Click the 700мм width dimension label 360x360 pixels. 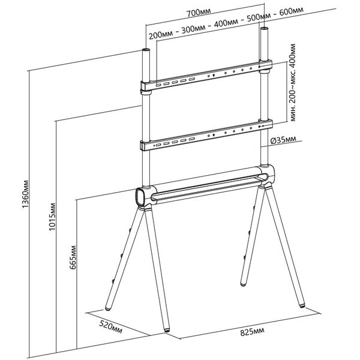198,13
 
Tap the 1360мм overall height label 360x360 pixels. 25,194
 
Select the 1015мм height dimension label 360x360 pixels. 52,217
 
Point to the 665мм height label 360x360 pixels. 73,257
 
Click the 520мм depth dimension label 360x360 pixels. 111,327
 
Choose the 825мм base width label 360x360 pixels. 252,332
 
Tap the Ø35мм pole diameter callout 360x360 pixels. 283,140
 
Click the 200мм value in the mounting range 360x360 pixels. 161,35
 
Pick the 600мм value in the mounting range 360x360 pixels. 292,11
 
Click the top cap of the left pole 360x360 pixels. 146,50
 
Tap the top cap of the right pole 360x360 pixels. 264,28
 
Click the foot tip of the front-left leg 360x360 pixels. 167,331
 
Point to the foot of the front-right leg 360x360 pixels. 302,305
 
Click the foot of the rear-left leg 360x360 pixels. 108,309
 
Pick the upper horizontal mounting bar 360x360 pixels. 206,75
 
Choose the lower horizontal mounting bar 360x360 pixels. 206,135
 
